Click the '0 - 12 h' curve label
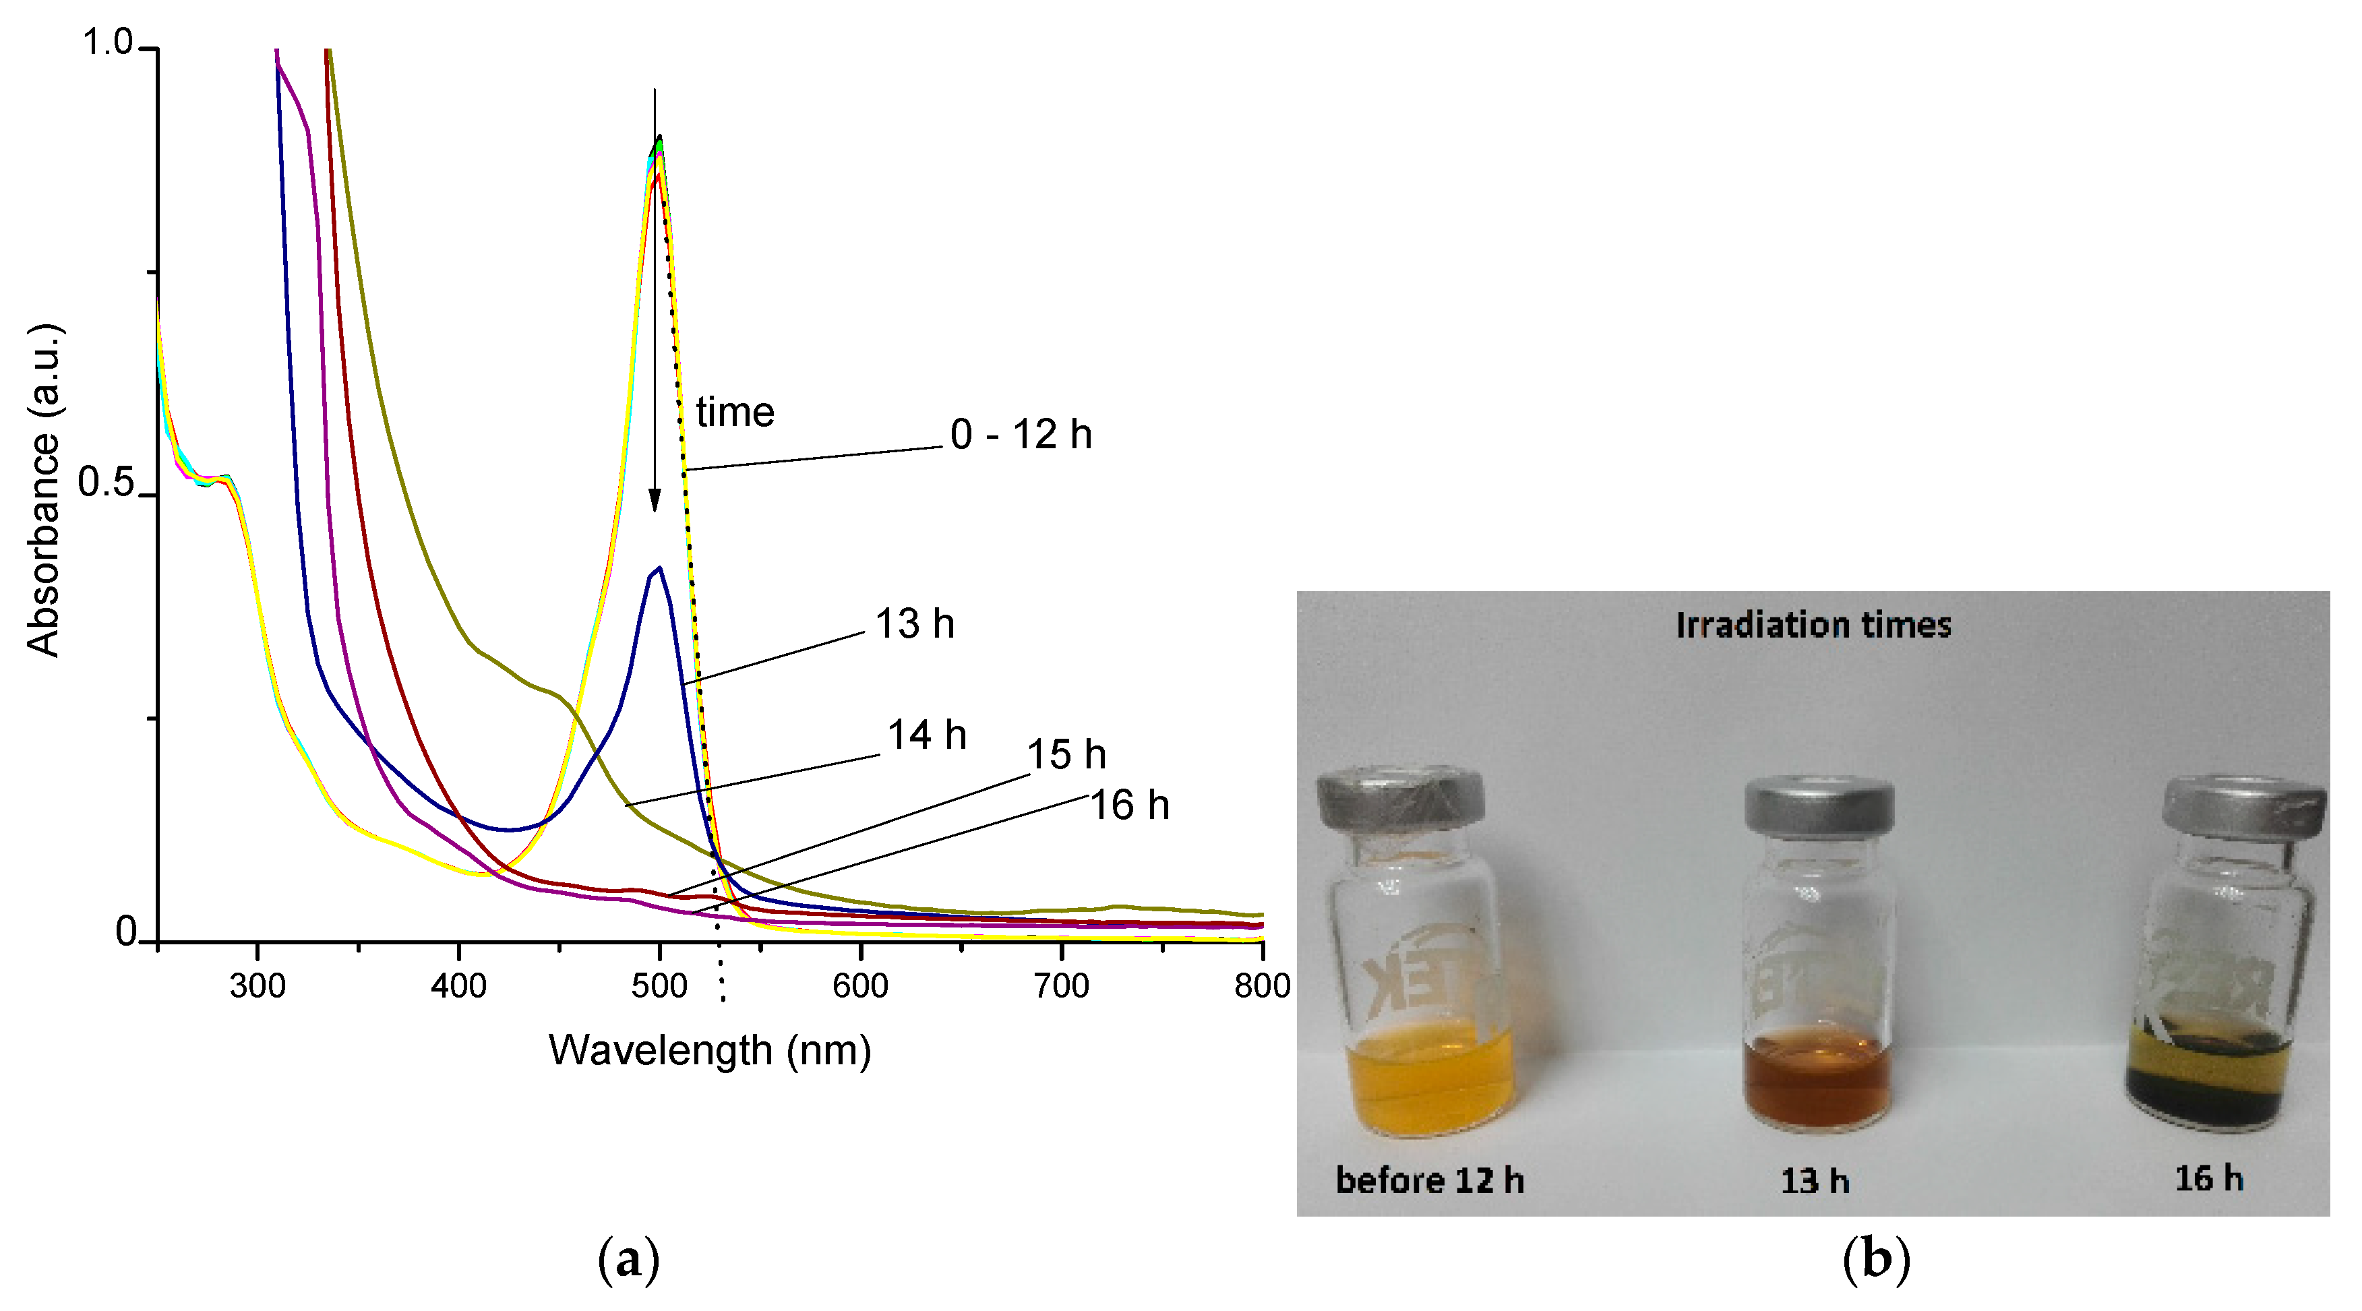(1020, 435)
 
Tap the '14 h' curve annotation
(926, 735)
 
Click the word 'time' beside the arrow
(735, 413)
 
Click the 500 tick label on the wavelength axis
(659, 987)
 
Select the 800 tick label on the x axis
(1262, 987)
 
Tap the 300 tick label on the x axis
(258, 987)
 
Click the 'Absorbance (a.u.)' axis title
(43, 491)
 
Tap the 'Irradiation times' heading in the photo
(1813, 626)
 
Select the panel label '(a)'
(628, 1260)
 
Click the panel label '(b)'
(1876, 1260)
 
